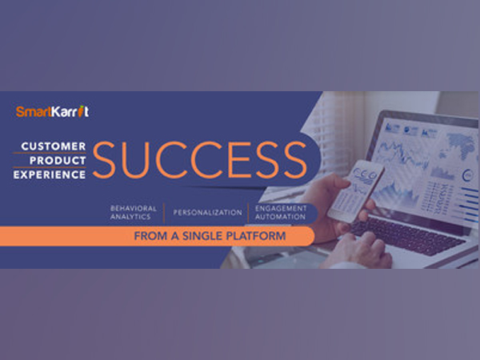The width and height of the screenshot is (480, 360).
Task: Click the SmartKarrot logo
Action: (52, 111)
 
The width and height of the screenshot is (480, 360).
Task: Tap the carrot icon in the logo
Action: (81, 111)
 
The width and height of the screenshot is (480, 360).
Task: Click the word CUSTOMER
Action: (54, 146)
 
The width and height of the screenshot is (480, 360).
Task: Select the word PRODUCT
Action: (58, 161)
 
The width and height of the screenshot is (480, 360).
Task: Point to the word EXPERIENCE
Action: (50, 174)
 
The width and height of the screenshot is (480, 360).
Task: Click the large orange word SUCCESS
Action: (200, 160)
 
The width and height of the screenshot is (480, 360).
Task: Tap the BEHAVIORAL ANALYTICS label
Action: (133, 213)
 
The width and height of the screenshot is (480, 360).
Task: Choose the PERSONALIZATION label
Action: (207, 213)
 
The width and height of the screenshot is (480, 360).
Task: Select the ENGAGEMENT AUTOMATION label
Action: (281, 213)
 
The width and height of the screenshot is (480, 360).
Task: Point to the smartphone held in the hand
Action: (356, 191)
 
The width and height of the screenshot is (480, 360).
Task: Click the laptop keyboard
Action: (407, 234)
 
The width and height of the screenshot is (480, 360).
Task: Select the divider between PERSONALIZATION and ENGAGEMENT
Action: (248, 213)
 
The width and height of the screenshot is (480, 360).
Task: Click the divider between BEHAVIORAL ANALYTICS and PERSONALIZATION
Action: (164, 213)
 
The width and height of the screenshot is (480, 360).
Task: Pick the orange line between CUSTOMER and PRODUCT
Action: (50, 153)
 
